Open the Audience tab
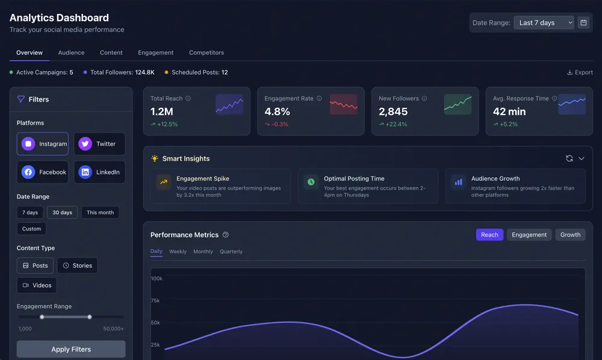coord(71,53)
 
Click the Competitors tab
coord(206,53)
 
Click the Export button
coord(580,72)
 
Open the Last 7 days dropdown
coord(544,23)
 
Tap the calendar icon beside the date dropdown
coord(583,23)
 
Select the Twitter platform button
coord(99,144)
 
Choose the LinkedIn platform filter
coord(99,172)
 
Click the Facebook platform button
coord(43,172)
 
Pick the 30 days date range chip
coord(62,213)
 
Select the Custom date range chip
coord(31,229)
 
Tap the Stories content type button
coord(77,265)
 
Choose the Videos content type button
coord(37,285)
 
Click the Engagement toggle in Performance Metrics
coord(529,235)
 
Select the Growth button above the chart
coord(570,235)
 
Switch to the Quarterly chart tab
coord(231,252)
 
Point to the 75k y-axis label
coord(155,300)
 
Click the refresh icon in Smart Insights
coord(569,158)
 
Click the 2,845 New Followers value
coord(393,111)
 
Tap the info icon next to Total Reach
coord(188,99)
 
